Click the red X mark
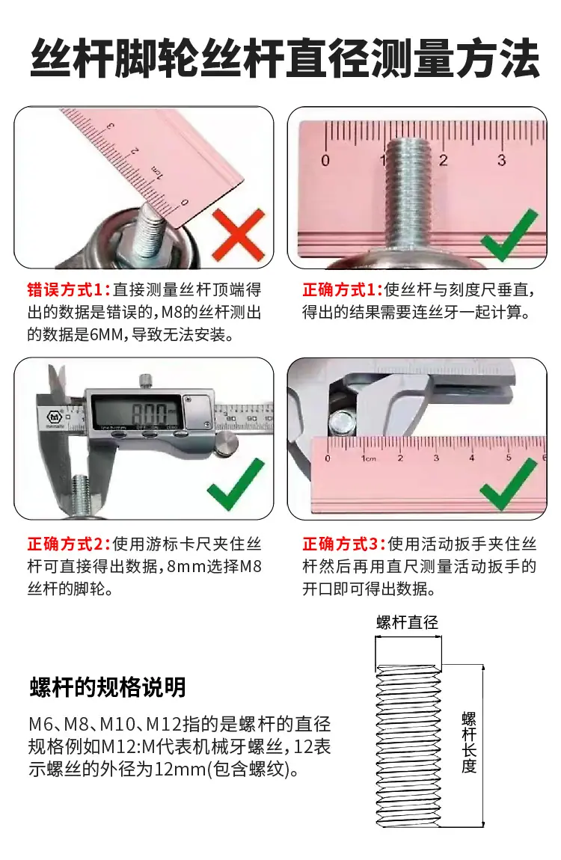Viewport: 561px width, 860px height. (238, 236)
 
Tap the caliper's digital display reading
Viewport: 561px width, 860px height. (150, 412)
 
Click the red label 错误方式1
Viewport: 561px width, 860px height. (69, 289)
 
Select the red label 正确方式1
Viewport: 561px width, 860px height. (342, 289)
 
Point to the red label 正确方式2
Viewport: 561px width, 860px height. (69, 544)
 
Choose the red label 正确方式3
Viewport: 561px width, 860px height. (344, 544)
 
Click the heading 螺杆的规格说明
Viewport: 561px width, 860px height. (108, 687)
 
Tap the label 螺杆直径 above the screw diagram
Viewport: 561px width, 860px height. (408, 622)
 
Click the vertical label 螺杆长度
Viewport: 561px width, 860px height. (468, 742)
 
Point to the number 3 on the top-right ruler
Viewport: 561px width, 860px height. (501, 160)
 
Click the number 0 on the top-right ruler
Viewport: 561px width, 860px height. (325, 161)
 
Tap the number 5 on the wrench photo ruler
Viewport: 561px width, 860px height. (509, 458)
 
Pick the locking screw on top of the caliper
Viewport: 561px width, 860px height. (145, 380)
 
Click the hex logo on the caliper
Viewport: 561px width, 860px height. (55, 417)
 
